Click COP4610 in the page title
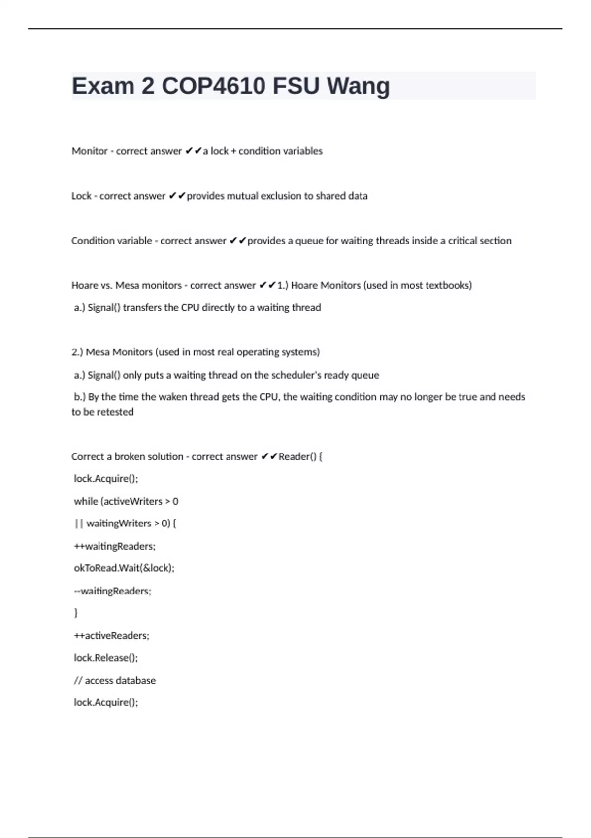(214, 86)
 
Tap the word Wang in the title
(358, 86)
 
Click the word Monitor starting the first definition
(90, 151)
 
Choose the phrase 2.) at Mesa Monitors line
(77, 352)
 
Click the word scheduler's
(288, 375)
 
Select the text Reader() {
(300, 457)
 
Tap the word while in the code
(86, 501)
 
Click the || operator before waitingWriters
(79, 524)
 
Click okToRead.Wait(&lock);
(124, 568)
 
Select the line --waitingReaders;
(113, 591)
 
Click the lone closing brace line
(76, 613)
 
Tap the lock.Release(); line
(106, 658)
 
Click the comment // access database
(115, 681)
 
